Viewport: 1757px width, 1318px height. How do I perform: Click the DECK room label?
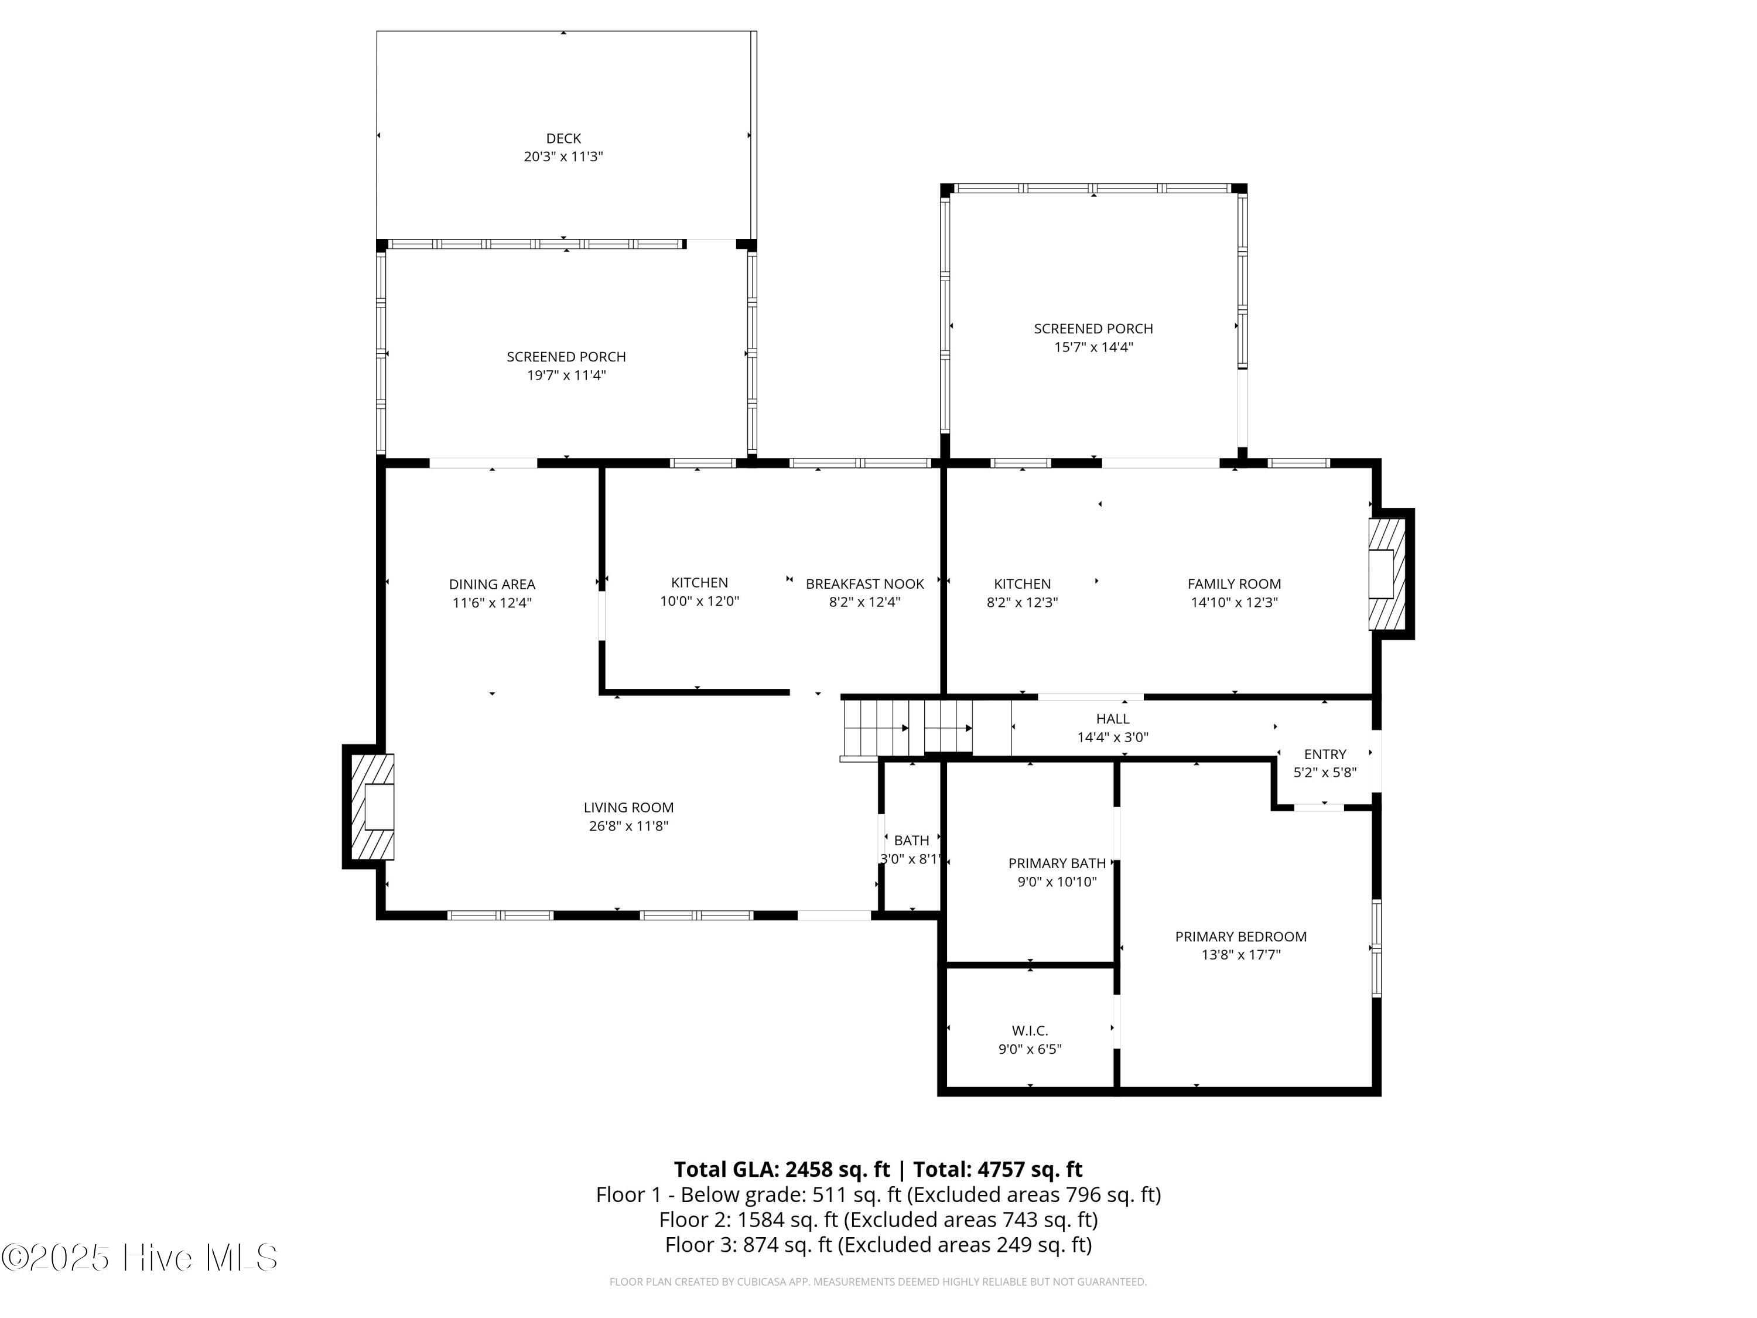(x=563, y=138)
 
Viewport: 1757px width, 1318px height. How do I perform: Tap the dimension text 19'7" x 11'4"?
(x=566, y=375)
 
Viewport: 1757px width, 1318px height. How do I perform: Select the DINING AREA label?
(x=492, y=584)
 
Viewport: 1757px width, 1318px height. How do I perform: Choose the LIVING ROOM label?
(x=628, y=807)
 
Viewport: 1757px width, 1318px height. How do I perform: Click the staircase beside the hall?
(x=908, y=728)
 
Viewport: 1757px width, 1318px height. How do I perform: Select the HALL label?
(x=1112, y=718)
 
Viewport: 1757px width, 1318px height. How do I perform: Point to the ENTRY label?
(x=1325, y=754)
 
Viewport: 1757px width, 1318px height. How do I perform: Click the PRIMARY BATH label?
(x=1057, y=863)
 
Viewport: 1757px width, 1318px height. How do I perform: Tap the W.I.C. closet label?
(x=1030, y=1030)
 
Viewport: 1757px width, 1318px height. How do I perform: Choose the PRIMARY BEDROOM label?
(x=1240, y=936)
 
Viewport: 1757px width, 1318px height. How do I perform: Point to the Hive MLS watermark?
(x=140, y=1258)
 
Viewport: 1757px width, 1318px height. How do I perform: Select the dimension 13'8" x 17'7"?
(x=1240, y=955)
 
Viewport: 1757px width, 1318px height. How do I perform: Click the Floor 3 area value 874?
(x=760, y=1244)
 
